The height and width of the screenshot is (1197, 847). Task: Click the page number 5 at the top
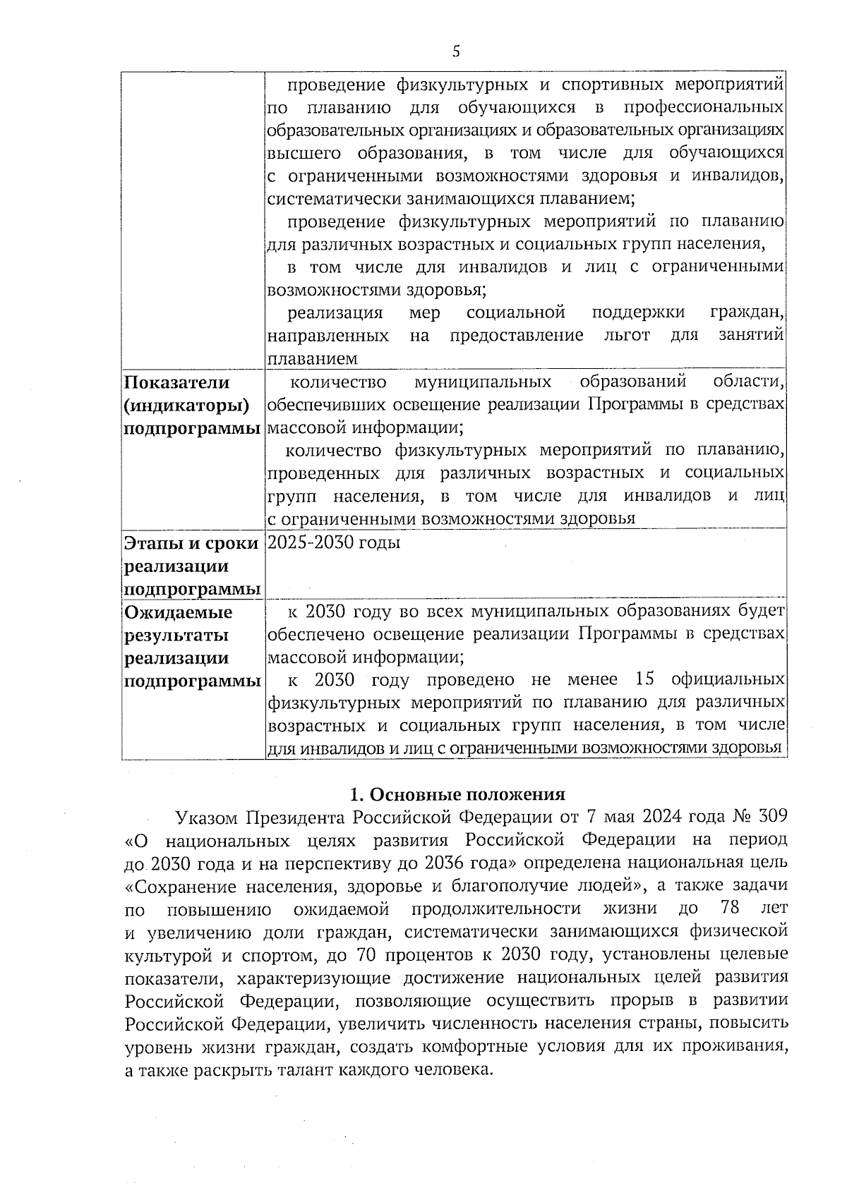coord(456,51)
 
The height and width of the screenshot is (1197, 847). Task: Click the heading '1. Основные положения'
coord(458,794)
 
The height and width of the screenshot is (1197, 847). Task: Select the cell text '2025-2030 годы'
coord(334,542)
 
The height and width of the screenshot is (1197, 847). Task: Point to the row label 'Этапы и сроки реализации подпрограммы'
coord(191,566)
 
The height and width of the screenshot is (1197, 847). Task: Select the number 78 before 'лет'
coord(727,908)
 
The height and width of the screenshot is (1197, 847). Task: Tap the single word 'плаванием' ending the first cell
coord(313,358)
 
